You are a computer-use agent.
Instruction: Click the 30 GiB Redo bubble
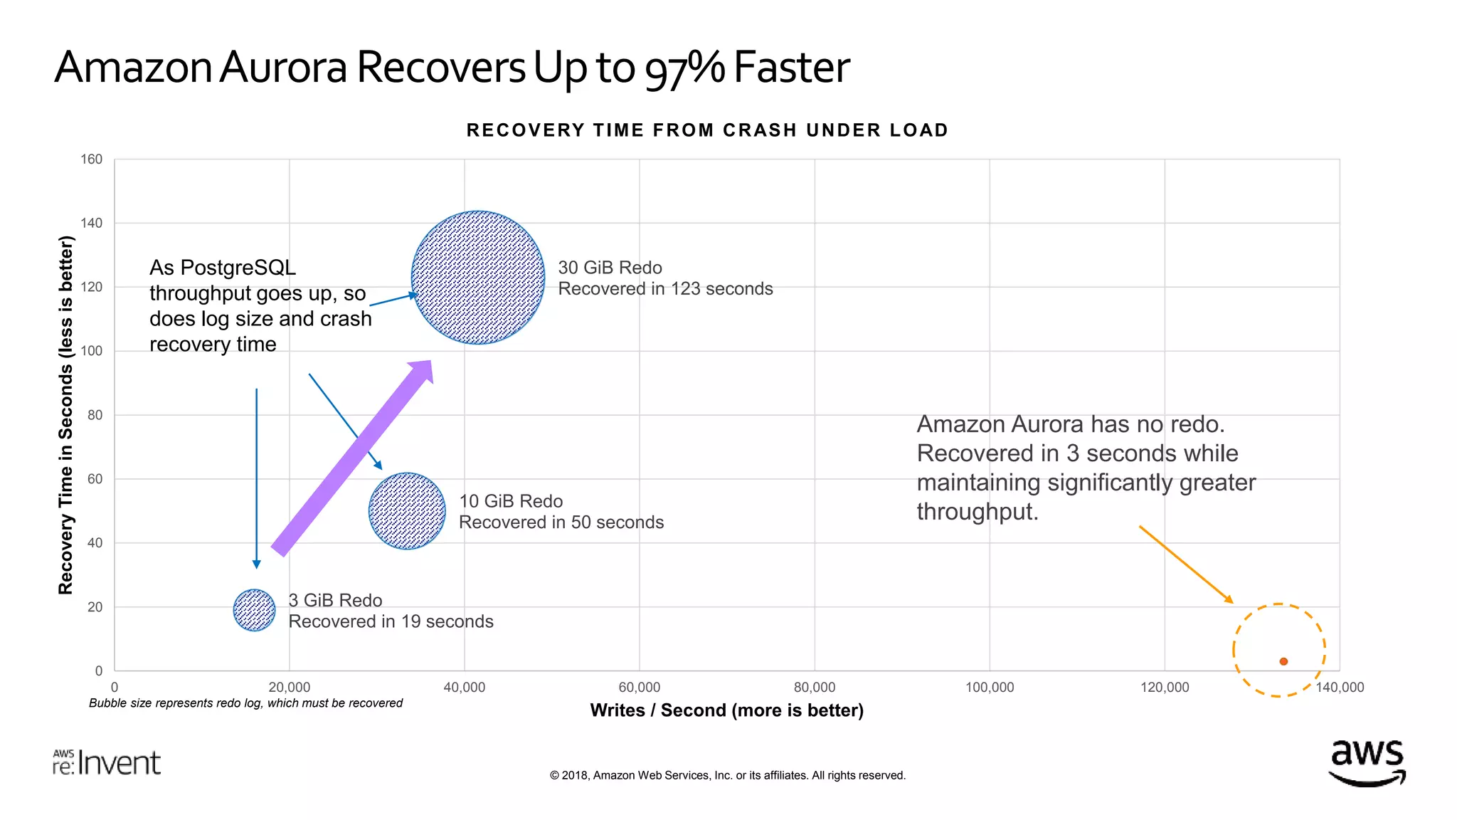[478, 278]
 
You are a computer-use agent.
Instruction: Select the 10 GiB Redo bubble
[407, 511]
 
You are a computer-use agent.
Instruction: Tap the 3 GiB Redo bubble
[254, 610]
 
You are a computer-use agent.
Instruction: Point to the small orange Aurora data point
[1283, 661]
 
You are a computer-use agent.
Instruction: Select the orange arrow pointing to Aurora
[1185, 564]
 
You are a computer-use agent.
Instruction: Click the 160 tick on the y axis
[91, 159]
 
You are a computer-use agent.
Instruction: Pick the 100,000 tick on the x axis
[989, 688]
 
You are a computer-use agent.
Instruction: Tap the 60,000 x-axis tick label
[639, 688]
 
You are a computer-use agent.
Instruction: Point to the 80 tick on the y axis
[95, 415]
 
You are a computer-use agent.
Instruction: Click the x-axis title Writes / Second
[726, 710]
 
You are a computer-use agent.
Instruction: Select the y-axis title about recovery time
[65, 415]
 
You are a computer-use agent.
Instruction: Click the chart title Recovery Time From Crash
[707, 130]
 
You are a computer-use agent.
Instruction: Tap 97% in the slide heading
[684, 69]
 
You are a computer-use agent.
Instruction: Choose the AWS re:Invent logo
[107, 762]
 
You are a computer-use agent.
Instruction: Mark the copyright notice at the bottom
[727, 775]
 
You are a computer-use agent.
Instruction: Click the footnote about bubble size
[245, 703]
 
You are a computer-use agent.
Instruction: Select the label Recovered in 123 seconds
[665, 289]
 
